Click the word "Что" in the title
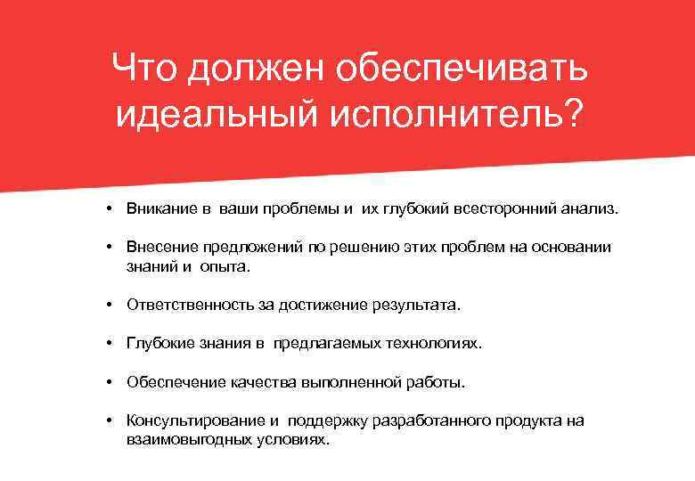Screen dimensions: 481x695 [144, 69]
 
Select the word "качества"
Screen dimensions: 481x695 [251, 382]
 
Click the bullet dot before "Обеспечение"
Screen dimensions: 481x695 [106, 382]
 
